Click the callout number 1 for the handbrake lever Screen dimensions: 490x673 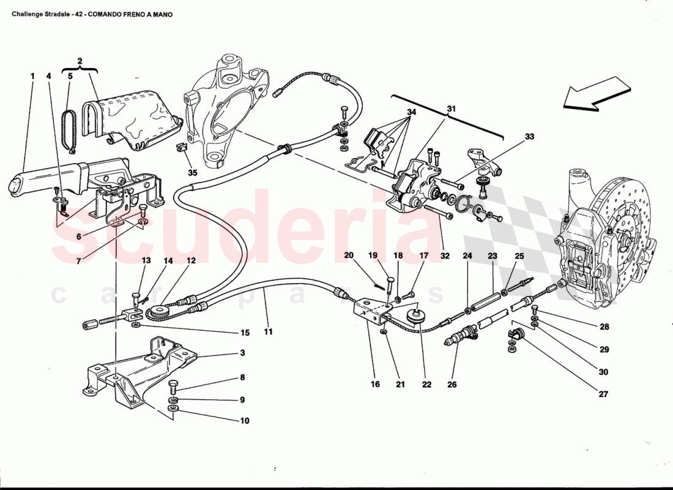[32, 77]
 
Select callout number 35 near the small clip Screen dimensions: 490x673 [193, 173]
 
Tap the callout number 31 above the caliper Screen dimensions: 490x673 [452, 109]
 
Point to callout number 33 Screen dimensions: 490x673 [529, 137]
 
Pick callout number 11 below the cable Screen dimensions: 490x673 [268, 332]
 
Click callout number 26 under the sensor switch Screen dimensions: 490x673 [452, 385]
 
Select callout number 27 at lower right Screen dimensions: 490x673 [604, 394]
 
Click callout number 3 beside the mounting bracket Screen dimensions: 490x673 [242, 353]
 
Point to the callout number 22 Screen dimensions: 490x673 [426, 385]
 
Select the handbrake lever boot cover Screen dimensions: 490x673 [135, 119]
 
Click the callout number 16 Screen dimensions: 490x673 [375, 385]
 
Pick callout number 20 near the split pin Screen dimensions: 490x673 [349, 255]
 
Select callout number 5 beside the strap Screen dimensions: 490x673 [70, 77]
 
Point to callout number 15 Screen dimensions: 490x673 [245, 333]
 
